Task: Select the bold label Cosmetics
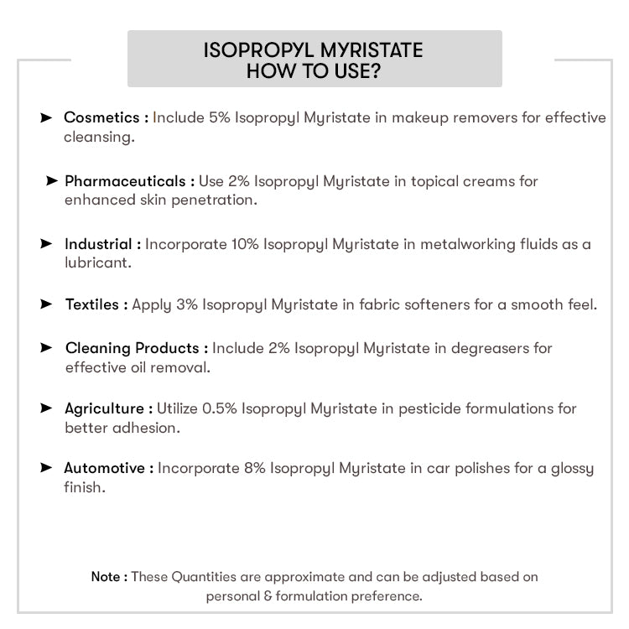[x=103, y=117]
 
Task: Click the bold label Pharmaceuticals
[x=125, y=181]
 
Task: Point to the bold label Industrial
[x=98, y=244]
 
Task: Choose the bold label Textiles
[x=92, y=304]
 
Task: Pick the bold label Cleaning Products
[x=132, y=348]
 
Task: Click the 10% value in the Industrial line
[x=243, y=244]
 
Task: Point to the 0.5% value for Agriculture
[x=217, y=409]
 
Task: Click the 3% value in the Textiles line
[x=186, y=304]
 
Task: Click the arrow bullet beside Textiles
[x=46, y=304]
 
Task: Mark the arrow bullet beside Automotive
[x=46, y=468]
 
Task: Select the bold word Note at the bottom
[x=106, y=577]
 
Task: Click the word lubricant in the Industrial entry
[x=96, y=263]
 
